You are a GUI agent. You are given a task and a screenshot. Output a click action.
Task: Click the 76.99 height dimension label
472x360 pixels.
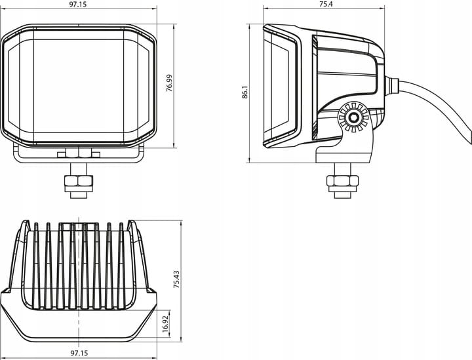pyautogui.click(x=170, y=83)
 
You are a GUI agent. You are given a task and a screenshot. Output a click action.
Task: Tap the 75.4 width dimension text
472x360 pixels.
pyautogui.click(x=326, y=4)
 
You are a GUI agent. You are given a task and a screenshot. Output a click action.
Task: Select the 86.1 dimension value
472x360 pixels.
pyautogui.click(x=245, y=92)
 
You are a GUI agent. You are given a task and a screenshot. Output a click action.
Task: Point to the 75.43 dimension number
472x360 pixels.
pyautogui.click(x=176, y=279)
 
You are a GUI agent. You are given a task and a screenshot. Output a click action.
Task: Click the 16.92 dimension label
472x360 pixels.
pyautogui.click(x=165, y=324)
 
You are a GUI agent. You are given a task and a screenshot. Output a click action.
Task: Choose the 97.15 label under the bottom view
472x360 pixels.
pyautogui.click(x=79, y=353)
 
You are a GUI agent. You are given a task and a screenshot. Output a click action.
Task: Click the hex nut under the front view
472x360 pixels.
pyautogui.click(x=79, y=182)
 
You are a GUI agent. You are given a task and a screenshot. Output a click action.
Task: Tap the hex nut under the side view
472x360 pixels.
pyautogui.click(x=343, y=180)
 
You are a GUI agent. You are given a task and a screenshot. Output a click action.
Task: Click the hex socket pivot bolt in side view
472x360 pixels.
pyautogui.click(x=353, y=117)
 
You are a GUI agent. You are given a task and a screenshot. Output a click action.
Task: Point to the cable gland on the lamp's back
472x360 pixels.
pyautogui.click(x=391, y=86)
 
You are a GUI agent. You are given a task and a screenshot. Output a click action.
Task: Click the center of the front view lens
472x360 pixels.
pyautogui.click(x=79, y=86)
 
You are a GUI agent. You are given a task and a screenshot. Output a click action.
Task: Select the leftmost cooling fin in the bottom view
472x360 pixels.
pyautogui.click(x=36, y=266)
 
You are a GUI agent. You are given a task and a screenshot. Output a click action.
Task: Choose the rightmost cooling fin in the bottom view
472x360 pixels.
pyautogui.click(x=121, y=266)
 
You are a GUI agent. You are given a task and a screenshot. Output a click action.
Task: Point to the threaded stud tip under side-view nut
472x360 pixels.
pyautogui.click(x=343, y=195)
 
